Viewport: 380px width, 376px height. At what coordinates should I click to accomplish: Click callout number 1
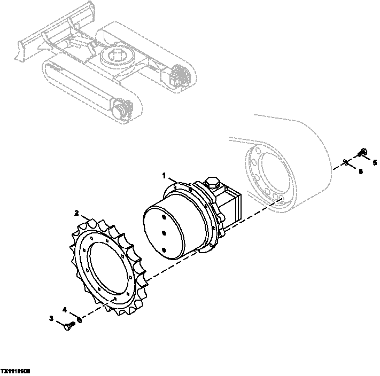(x=165, y=175)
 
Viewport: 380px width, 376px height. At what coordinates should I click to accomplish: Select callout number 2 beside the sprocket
(x=77, y=213)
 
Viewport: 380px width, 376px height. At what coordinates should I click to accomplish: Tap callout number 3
(x=52, y=319)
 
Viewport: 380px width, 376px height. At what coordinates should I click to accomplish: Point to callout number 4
(x=65, y=309)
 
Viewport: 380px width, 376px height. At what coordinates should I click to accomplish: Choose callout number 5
(x=375, y=162)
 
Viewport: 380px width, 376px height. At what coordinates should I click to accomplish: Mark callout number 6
(x=360, y=171)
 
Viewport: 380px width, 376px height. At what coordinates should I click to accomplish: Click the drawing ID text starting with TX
(x=15, y=371)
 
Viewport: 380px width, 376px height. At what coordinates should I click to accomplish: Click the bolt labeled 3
(x=67, y=326)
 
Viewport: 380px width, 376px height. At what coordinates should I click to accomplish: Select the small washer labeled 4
(x=79, y=320)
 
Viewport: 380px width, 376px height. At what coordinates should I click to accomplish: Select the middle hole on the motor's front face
(x=162, y=232)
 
